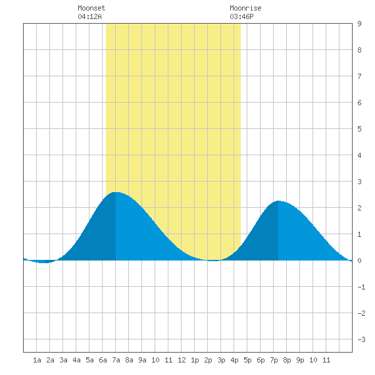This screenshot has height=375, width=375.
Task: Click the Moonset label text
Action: pyautogui.click(x=91, y=8)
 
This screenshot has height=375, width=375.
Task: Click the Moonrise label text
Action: pyautogui.click(x=245, y=8)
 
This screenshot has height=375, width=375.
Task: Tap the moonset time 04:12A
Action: pyautogui.click(x=89, y=16)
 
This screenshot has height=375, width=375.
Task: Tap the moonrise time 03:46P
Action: pyautogui.click(x=241, y=16)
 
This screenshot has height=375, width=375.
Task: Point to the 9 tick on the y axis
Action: pyautogui.click(x=359, y=24)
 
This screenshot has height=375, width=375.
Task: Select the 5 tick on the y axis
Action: pyautogui.click(x=359, y=129)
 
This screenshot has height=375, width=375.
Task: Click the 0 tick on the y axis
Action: pyautogui.click(x=359, y=261)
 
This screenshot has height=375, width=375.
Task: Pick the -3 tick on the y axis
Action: pyautogui.click(x=361, y=339)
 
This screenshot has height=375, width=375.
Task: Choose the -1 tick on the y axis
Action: pyautogui.click(x=361, y=287)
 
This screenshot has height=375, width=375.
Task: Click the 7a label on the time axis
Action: pyautogui.click(x=116, y=360)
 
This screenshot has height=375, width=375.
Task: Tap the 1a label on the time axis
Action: pyautogui.click(x=37, y=360)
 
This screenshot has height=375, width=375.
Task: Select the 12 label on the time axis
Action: pyautogui.click(x=182, y=360)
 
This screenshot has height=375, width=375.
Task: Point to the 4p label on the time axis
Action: pyautogui.click(x=234, y=360)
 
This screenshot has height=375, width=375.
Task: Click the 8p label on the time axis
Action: pyautogui.click(x=287, y=360)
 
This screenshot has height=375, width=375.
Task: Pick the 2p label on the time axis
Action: pyautogui.click(x=208, y=360)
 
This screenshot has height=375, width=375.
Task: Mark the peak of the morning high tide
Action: pyautogui.click(x=116, y=192)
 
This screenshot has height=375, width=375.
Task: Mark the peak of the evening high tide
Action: pyautogui.click(x=278, y=201)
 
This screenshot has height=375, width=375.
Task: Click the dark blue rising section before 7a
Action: pyautogui.click(x=101, y=237)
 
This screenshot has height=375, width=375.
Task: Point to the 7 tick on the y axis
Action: pyautogui.click(x=359, y=76)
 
